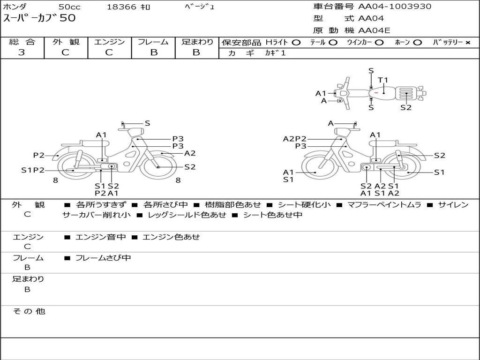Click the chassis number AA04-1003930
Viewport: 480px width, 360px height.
395,7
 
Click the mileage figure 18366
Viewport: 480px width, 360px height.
121,7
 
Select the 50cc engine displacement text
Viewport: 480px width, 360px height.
69,7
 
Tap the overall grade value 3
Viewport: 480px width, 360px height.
22,52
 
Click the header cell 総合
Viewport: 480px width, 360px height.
22,42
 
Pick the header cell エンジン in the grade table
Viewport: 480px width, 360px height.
109,42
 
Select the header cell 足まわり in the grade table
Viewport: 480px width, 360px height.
197,42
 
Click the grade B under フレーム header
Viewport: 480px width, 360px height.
153,52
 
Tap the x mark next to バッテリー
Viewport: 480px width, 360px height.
467,43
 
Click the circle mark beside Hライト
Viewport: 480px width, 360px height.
296,43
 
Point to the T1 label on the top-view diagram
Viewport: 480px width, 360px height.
383,80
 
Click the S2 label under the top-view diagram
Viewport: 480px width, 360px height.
406,107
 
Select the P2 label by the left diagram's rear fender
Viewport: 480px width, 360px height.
38,155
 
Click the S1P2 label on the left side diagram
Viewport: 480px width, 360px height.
32,170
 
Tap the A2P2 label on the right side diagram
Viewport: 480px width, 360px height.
294,139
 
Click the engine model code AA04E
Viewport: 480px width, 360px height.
374,30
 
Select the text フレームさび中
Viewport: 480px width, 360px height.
103,258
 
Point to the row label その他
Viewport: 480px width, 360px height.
29,311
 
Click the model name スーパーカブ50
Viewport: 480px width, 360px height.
39,18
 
